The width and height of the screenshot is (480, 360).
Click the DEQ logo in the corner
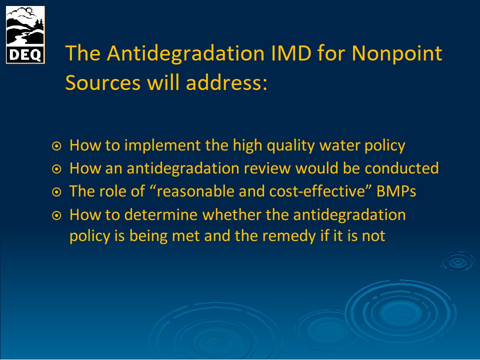25,35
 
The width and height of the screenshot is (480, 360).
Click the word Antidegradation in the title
185,53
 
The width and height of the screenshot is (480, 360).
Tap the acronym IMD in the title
291,53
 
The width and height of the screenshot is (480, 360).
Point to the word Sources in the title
103,82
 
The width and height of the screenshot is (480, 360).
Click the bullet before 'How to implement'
56,146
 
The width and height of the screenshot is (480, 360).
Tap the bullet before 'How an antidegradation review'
56,169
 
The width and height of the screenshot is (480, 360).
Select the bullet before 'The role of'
56,192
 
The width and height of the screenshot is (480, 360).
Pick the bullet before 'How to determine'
56,215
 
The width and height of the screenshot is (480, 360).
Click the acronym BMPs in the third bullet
396,191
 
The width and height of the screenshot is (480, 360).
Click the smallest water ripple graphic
458,261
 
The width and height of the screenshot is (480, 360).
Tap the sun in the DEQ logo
29,11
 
